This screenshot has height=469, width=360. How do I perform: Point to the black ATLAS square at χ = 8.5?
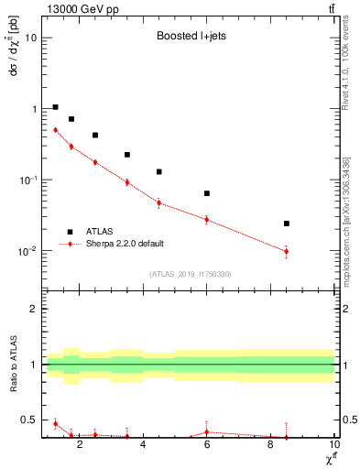pyautogui.click(x=287, y=224)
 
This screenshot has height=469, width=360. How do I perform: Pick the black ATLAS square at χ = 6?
pyautogui.click(x=207, y=193)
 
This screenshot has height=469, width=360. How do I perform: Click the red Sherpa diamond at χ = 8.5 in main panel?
pyautogui.click(x=287, y=251)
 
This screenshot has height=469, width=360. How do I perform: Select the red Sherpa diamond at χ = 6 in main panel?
pyautogui.click(x=207, y=220)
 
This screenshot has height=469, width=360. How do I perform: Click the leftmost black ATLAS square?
pyautogui.click(x=56, y=107)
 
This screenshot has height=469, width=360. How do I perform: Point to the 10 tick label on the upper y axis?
pyautogui.click(x=31, y=38)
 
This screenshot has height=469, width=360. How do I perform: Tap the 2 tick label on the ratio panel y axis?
pyautogui.click(x=35, y=309)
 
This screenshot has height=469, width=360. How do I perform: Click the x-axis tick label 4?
pyautogui.click(x=143, y=446)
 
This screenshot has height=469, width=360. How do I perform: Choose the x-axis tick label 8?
pyautogui.click(x=270, y=446)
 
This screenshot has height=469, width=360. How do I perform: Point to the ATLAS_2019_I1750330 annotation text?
pyautogui.click(x=191, y=274)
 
